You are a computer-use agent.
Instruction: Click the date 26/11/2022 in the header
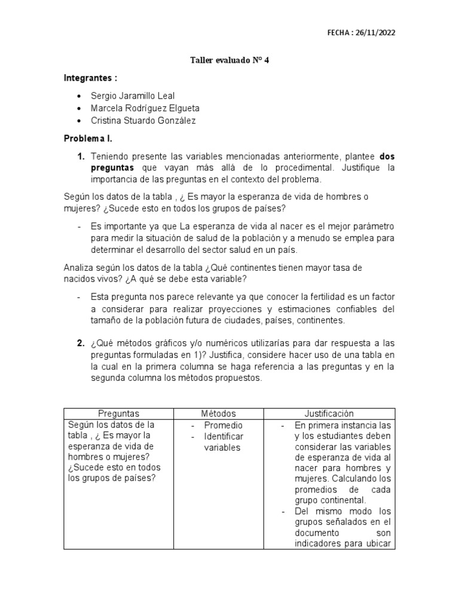375,33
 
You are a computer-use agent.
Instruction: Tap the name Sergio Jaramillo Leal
132,96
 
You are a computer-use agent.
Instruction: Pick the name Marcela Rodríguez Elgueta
145,108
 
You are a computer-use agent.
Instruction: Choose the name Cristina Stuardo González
143,121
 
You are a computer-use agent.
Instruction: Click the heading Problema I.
88,138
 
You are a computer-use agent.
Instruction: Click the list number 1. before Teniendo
80,156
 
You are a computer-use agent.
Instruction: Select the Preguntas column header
118,414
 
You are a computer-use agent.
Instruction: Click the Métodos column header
218,414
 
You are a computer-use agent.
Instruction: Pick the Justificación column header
329,414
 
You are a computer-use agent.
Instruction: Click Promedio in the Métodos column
223,426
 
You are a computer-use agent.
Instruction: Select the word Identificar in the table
225,437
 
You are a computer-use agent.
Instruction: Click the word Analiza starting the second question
79,268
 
